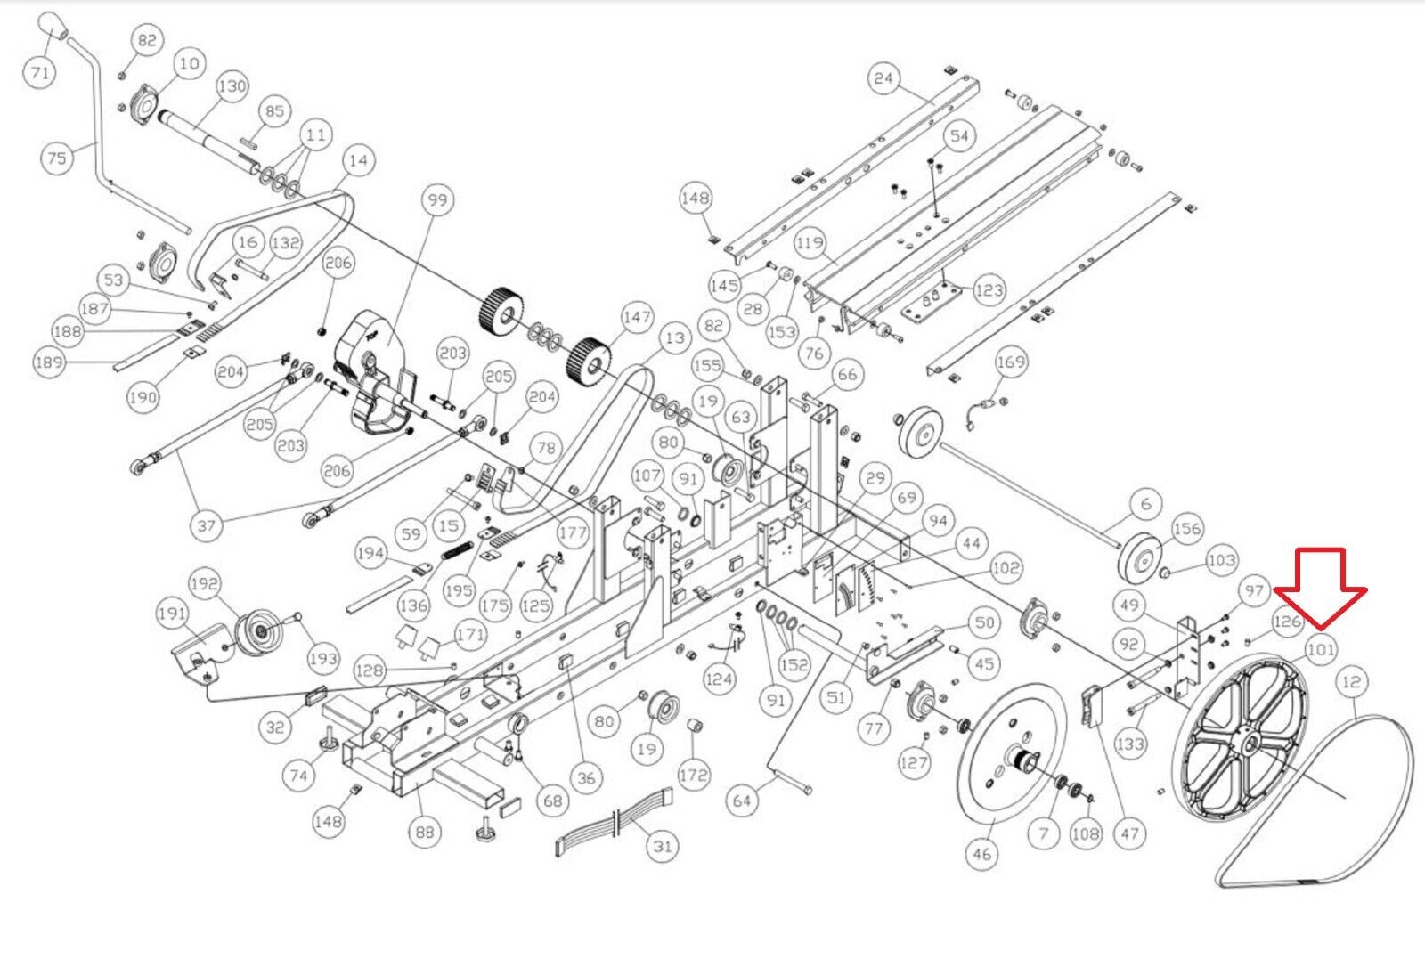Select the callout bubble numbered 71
point(39,72)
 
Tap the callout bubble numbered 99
point(437,199)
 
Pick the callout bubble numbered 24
point(883,78)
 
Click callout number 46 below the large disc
point(981,853)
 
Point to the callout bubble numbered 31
point(663,846)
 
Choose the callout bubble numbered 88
point(424,832)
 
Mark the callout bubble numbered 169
point(1010,362)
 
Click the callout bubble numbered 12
point(1351,682)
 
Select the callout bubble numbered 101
point(1321,649)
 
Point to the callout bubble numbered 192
point(204,583)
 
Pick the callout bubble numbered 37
point(206,525)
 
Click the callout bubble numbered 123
point(989,290)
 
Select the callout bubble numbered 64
point(742,800)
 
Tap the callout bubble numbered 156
point(1187,528)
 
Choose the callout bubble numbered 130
point(232,85)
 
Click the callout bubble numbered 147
point(637,317)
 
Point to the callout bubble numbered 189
point(49,362)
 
